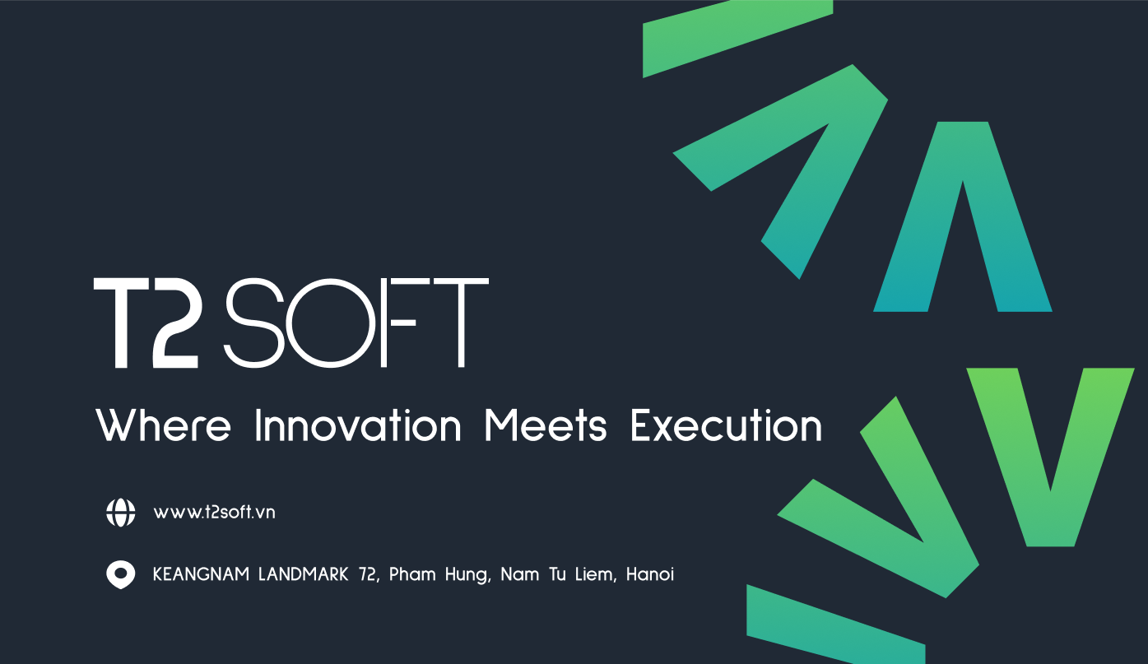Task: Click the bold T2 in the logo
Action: click(x=146, y=323)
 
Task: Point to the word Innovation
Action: click(x=358, y=425)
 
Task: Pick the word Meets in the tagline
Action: click(x=545, y=425)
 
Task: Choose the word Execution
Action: click(x=726, y=425)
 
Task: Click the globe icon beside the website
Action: click(x=121, y=512)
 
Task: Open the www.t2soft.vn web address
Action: click(x=214, y=512)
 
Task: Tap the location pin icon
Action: click(x=121, y=574)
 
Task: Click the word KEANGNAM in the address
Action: click(x=201, y=574)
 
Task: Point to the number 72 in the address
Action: click(x=367, y=574)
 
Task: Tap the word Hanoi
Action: click(x=649, y=574)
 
